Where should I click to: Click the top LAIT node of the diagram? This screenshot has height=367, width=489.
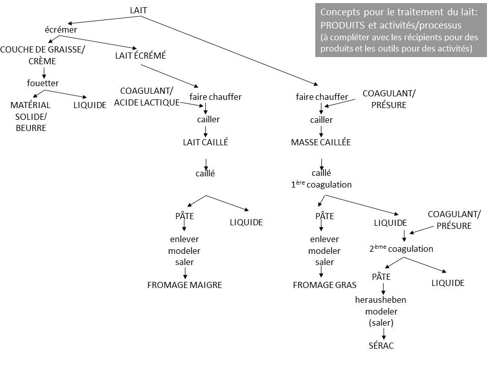[139, 10]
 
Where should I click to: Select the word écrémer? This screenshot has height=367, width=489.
[61, 30]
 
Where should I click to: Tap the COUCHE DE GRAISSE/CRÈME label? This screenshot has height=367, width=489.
[43, 55]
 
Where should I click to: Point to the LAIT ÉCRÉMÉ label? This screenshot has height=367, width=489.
[141, 56]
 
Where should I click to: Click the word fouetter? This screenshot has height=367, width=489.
[43, 83]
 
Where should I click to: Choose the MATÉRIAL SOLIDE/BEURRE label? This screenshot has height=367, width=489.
[31, 116]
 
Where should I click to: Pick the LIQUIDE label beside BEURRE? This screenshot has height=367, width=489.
[90, 105]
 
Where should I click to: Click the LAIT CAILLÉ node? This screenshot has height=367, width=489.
[205, 143]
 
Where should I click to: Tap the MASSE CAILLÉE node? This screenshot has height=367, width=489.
[321, 143]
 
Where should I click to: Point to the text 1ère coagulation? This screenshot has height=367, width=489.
[321, 185]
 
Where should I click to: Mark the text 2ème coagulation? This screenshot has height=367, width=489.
[401, 249]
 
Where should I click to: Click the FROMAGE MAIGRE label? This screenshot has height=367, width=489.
[184, 285]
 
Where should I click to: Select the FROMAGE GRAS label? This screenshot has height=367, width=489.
[324, 285]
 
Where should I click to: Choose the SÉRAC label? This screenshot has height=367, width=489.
[382, 346]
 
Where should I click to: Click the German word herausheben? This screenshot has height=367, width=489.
[381, 299]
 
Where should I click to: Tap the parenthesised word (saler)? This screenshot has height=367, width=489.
[381, 323]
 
